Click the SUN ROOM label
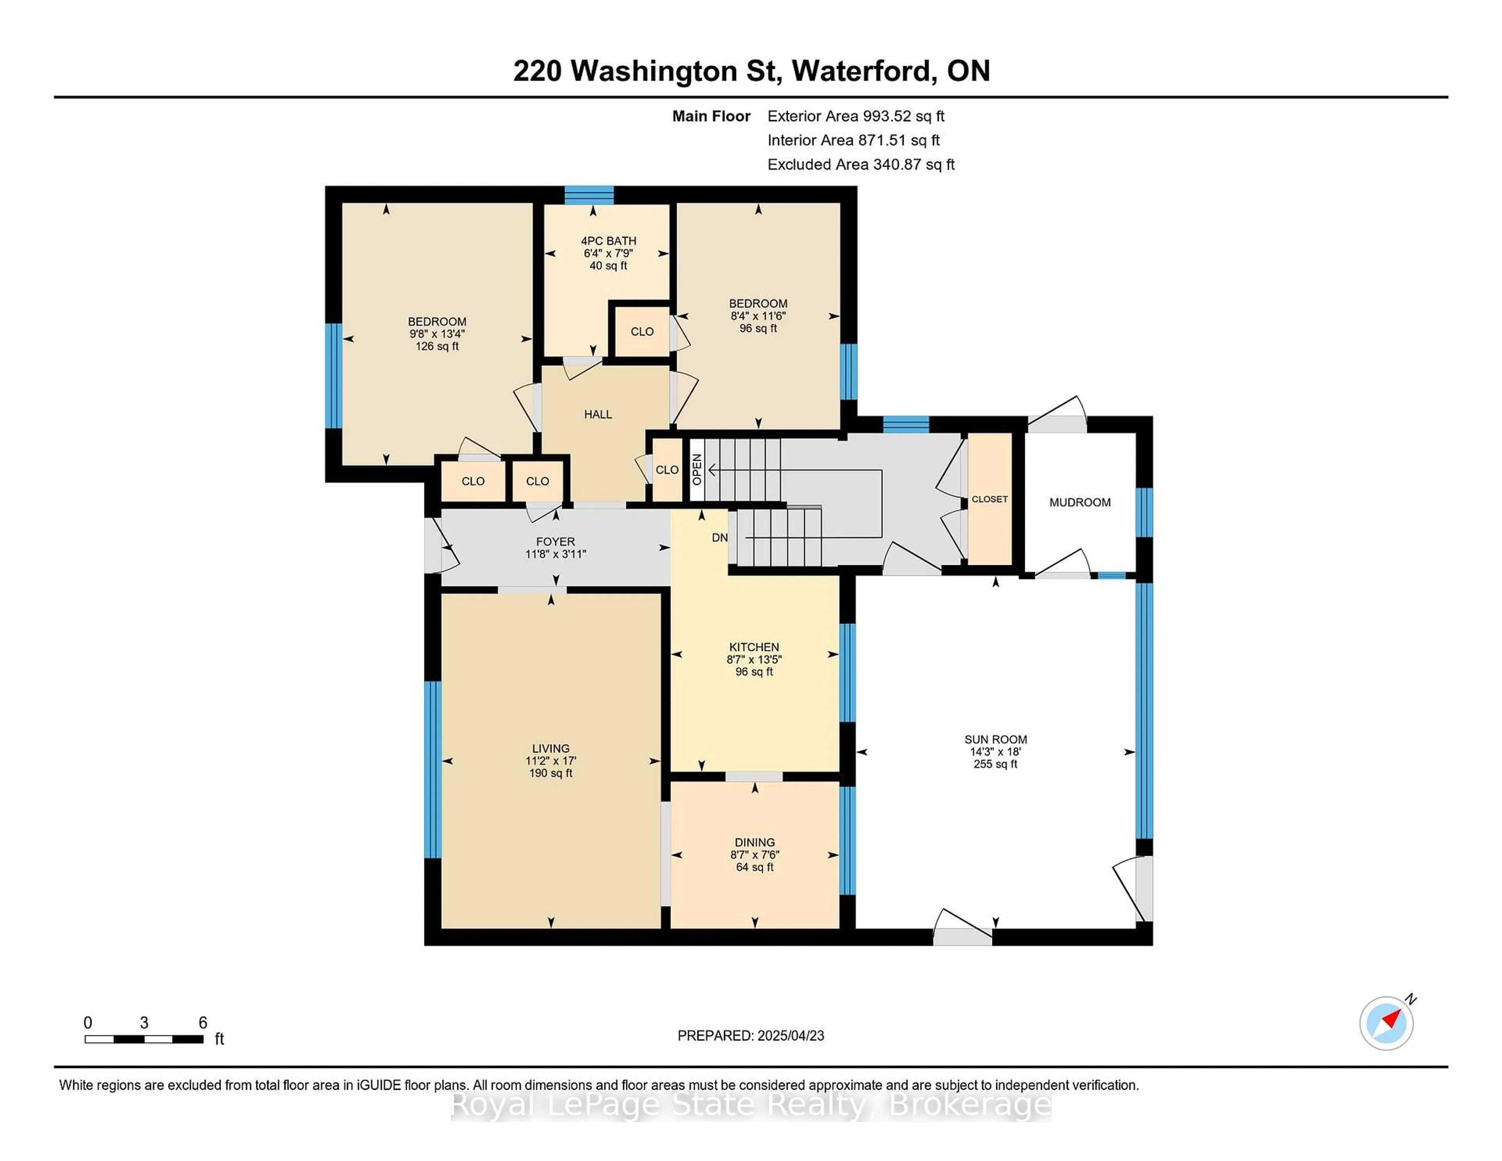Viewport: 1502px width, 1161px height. [995, 739]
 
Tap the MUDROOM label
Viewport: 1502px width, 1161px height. [1080, 503]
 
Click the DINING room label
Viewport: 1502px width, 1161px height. [755, 843]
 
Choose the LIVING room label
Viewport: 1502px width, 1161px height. [551, 748]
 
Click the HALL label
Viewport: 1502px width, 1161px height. [598, 414]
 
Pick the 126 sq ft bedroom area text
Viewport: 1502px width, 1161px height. [437, 346]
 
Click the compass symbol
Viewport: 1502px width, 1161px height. [1387, 1023]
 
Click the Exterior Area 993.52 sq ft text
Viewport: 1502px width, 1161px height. [856, 116]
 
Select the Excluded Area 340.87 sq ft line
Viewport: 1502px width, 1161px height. [861, 164]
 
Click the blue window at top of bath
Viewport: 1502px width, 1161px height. [589, 195]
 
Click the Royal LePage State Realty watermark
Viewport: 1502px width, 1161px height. [751, 1106]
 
